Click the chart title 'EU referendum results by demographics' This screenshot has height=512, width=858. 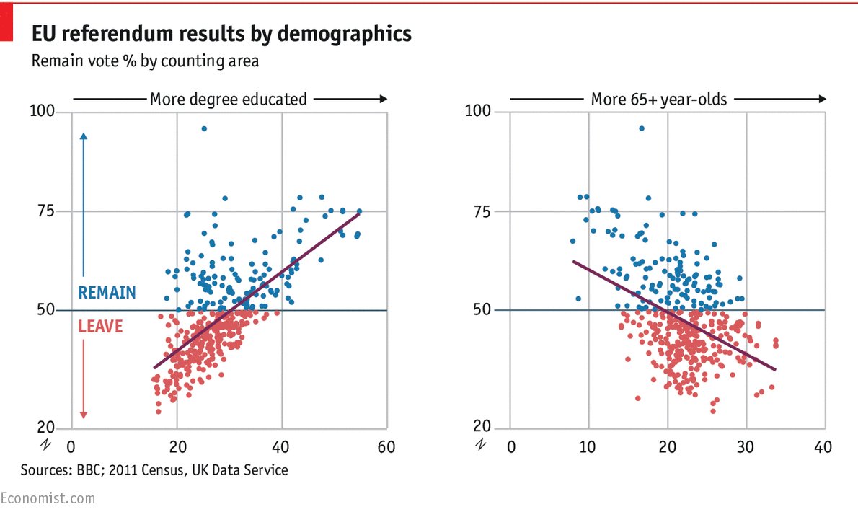point(221,34)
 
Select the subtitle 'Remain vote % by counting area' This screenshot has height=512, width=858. point(144,61)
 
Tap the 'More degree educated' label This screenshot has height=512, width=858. point(228,99)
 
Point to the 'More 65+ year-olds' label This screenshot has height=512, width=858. point(659,99)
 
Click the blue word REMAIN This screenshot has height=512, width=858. point(107,293)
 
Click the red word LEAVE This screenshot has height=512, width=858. point(99,326)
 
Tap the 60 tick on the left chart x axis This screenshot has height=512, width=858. point(386,447)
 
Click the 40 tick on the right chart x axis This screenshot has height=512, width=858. point(823,447)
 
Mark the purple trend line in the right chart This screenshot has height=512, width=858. point(674,316)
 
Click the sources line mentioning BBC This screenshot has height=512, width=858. point(154,470)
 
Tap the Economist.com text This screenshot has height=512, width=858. point(48,498)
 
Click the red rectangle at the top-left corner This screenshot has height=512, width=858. point(6,21)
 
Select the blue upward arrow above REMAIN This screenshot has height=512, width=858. point(83,202)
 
